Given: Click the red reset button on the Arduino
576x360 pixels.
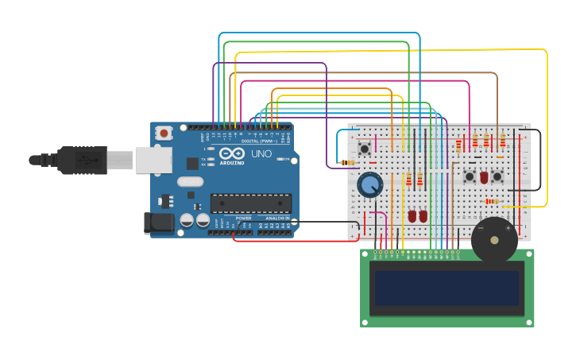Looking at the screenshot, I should click(x=164, y=134).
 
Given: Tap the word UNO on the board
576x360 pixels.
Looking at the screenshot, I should click(x=261, y=153).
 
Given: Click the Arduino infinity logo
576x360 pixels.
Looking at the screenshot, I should click(x=232, y=153).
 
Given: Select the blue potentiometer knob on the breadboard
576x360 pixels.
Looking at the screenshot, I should click(x=369, y=185).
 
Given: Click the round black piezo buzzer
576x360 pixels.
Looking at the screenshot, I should click(x=494, y=239).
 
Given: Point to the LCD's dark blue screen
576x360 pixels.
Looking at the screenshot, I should click(x=447, y=288).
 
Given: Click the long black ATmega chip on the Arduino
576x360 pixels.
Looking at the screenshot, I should click(x=250, y=203).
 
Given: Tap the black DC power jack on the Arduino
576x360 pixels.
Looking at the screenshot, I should click(x=159, y=223).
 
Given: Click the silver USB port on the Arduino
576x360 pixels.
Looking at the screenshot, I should click(x=153, y=159).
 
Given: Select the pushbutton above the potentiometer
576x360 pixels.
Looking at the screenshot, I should click(x=365, y=149).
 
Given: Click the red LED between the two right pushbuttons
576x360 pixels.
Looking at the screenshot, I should click(x=484, y=177).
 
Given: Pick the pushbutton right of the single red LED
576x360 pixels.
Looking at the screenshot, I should click(x=497, y=176).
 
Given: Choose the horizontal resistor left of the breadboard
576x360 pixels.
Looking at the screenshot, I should click(x=346, y=162).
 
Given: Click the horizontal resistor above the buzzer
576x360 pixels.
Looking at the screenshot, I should click(x=493, y=201).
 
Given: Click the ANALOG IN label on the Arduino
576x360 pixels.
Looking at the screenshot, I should click(x=276, y=218).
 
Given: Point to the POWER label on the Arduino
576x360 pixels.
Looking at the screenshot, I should click(x=243, y=218).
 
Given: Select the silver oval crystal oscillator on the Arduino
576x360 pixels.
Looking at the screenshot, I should click(x=191, y=181).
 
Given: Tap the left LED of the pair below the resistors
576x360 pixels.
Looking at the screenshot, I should click(x=412, y=216).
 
